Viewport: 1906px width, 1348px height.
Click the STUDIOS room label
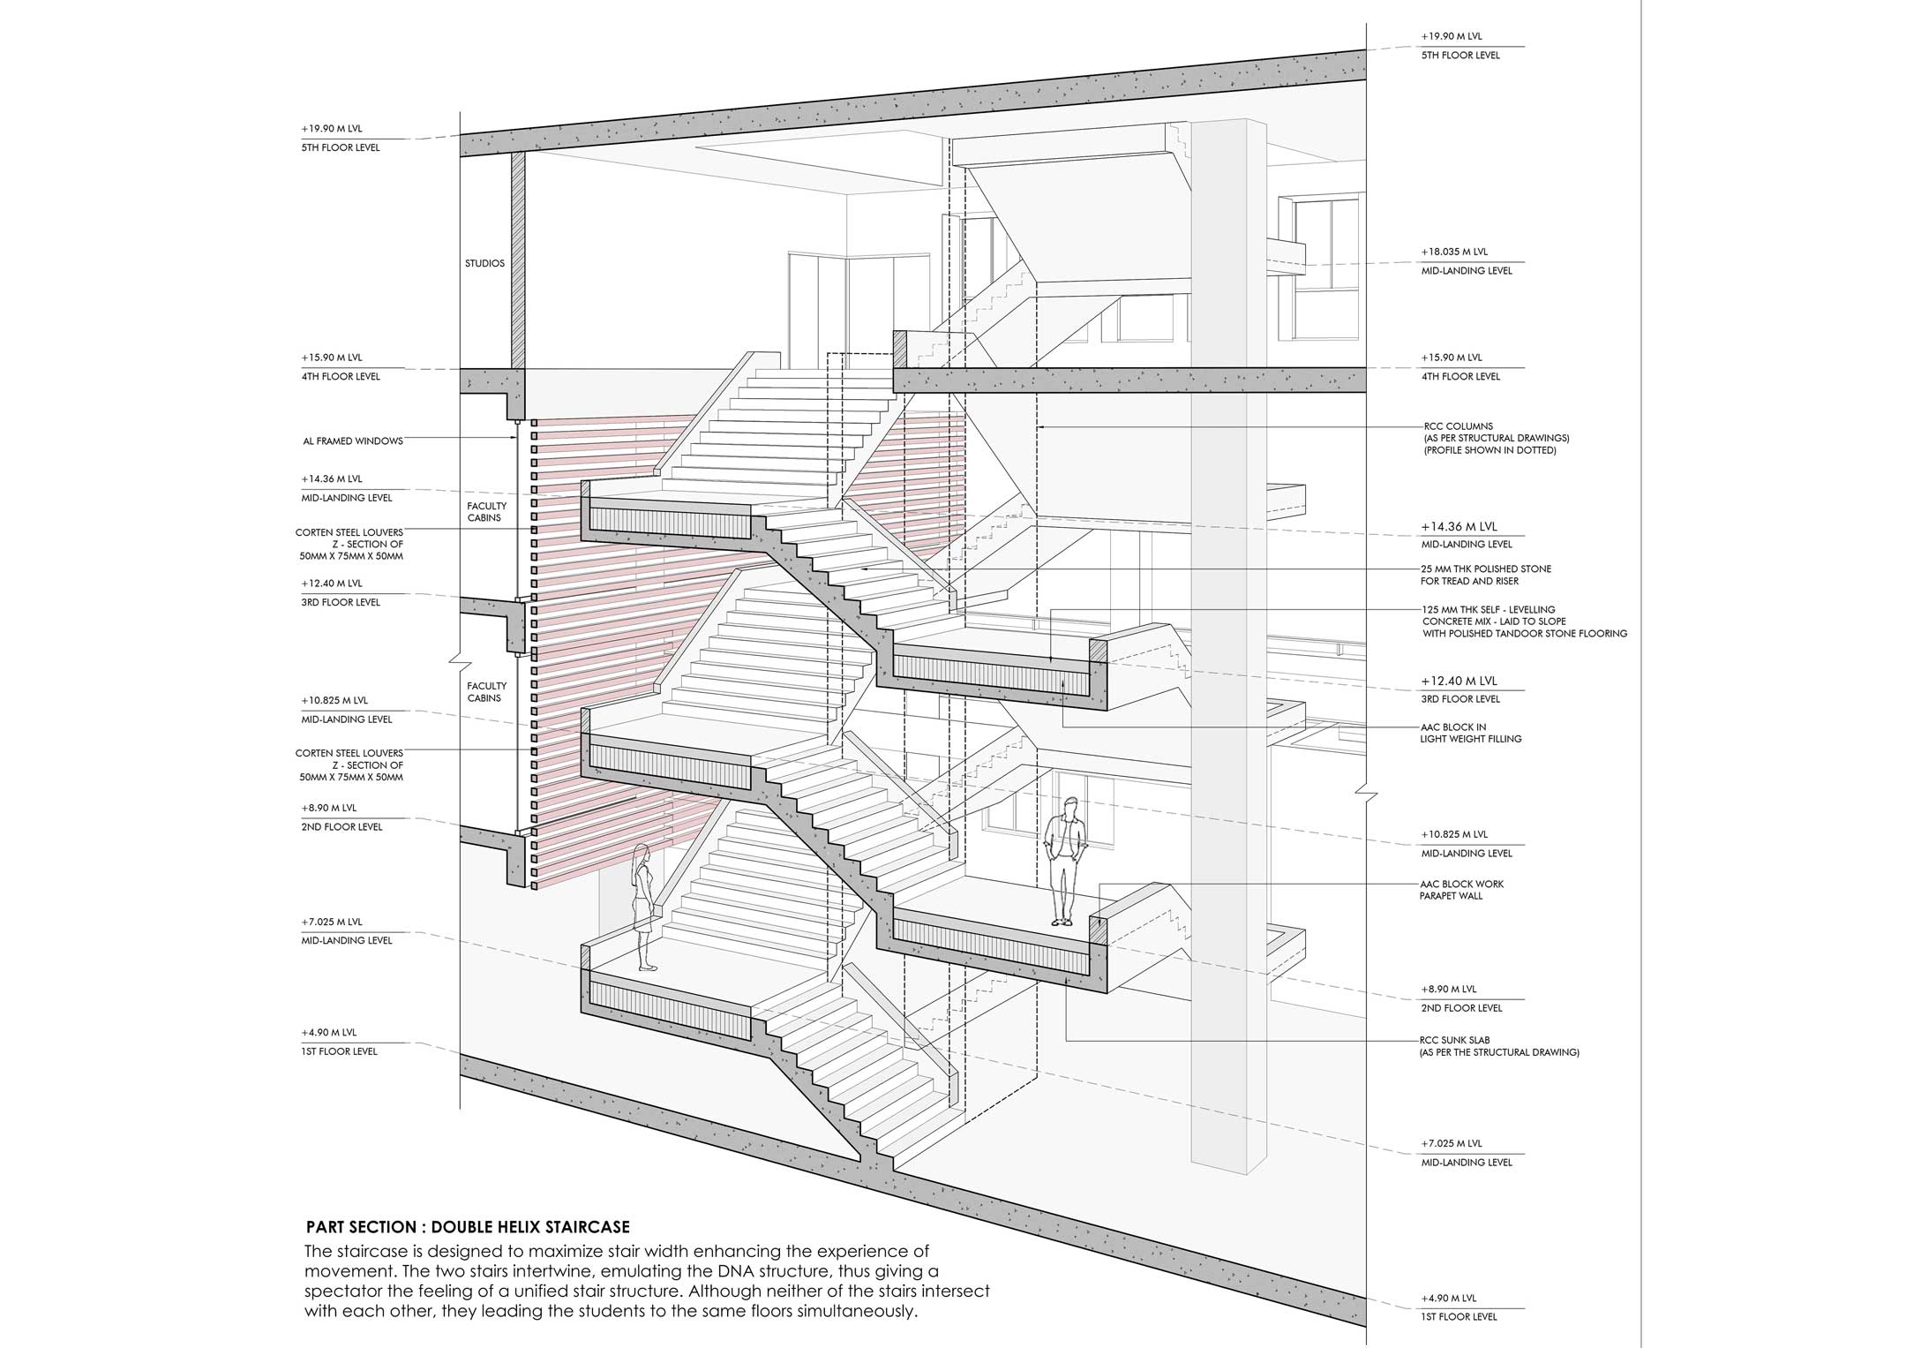tap(484, 264)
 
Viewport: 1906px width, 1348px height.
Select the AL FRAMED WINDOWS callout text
tap(353, 441)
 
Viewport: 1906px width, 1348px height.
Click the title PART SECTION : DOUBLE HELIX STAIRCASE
tap(468, 1227)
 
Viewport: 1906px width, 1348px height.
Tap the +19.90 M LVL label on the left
tap(332, 129)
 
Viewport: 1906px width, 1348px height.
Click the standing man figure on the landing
tap(1064, 861)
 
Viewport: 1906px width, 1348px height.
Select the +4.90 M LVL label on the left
tap(328, 1032)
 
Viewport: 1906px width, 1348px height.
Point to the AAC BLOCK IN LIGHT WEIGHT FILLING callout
tap(1471, 733)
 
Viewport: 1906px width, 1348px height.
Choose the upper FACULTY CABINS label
tap(486, 512)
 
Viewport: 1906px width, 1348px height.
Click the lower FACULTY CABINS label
tap(486, 691)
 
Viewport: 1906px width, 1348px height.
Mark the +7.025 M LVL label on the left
tap(332, 922)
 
